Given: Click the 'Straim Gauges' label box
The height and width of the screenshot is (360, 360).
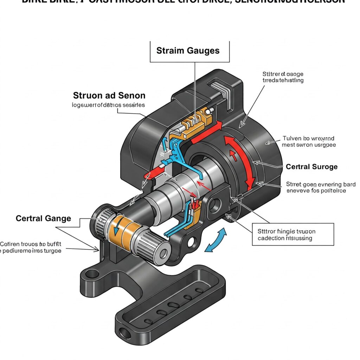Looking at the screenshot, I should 188,51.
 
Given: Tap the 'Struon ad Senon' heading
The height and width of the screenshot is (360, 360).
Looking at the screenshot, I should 109,95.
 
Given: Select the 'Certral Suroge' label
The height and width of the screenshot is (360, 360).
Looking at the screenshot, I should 311,166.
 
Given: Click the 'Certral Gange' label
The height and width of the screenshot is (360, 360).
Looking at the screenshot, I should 43,218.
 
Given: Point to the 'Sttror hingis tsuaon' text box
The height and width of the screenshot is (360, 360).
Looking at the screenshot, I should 293,235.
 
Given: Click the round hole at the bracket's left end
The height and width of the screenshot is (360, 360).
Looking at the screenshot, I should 92,273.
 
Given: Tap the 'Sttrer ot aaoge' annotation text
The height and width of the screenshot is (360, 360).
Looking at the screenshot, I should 283,77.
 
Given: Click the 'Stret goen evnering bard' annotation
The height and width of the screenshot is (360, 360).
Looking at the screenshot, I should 321,187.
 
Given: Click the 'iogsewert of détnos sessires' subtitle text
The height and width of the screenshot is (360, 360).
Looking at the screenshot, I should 109,105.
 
